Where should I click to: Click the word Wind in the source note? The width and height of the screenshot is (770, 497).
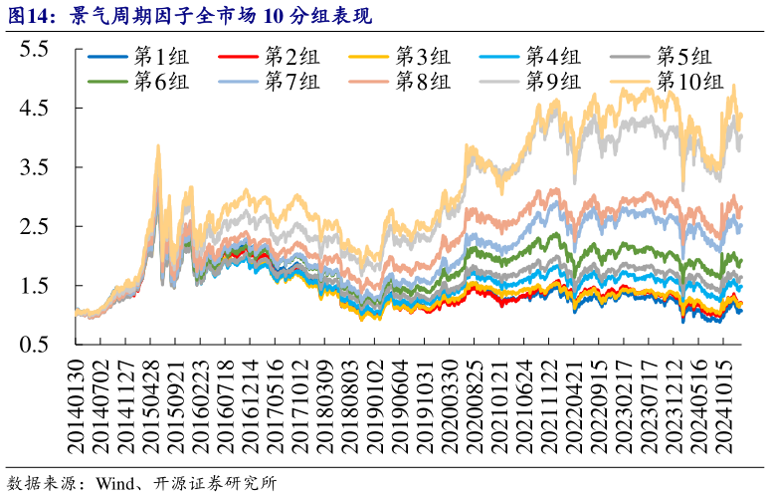click(115, 483)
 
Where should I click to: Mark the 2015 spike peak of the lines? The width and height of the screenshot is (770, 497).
click(157, 146)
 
